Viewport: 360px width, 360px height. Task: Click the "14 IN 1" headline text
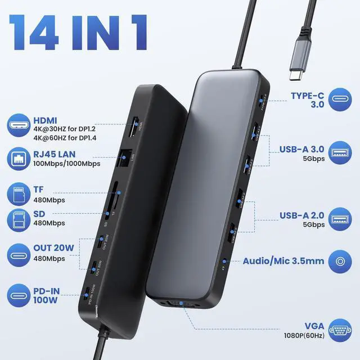tap(79, 32)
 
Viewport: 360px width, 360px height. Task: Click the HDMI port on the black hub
tap(136, 125)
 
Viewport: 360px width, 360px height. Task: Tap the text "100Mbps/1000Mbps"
tap(66, 164)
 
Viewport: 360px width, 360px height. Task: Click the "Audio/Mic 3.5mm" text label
tap(283, 262)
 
